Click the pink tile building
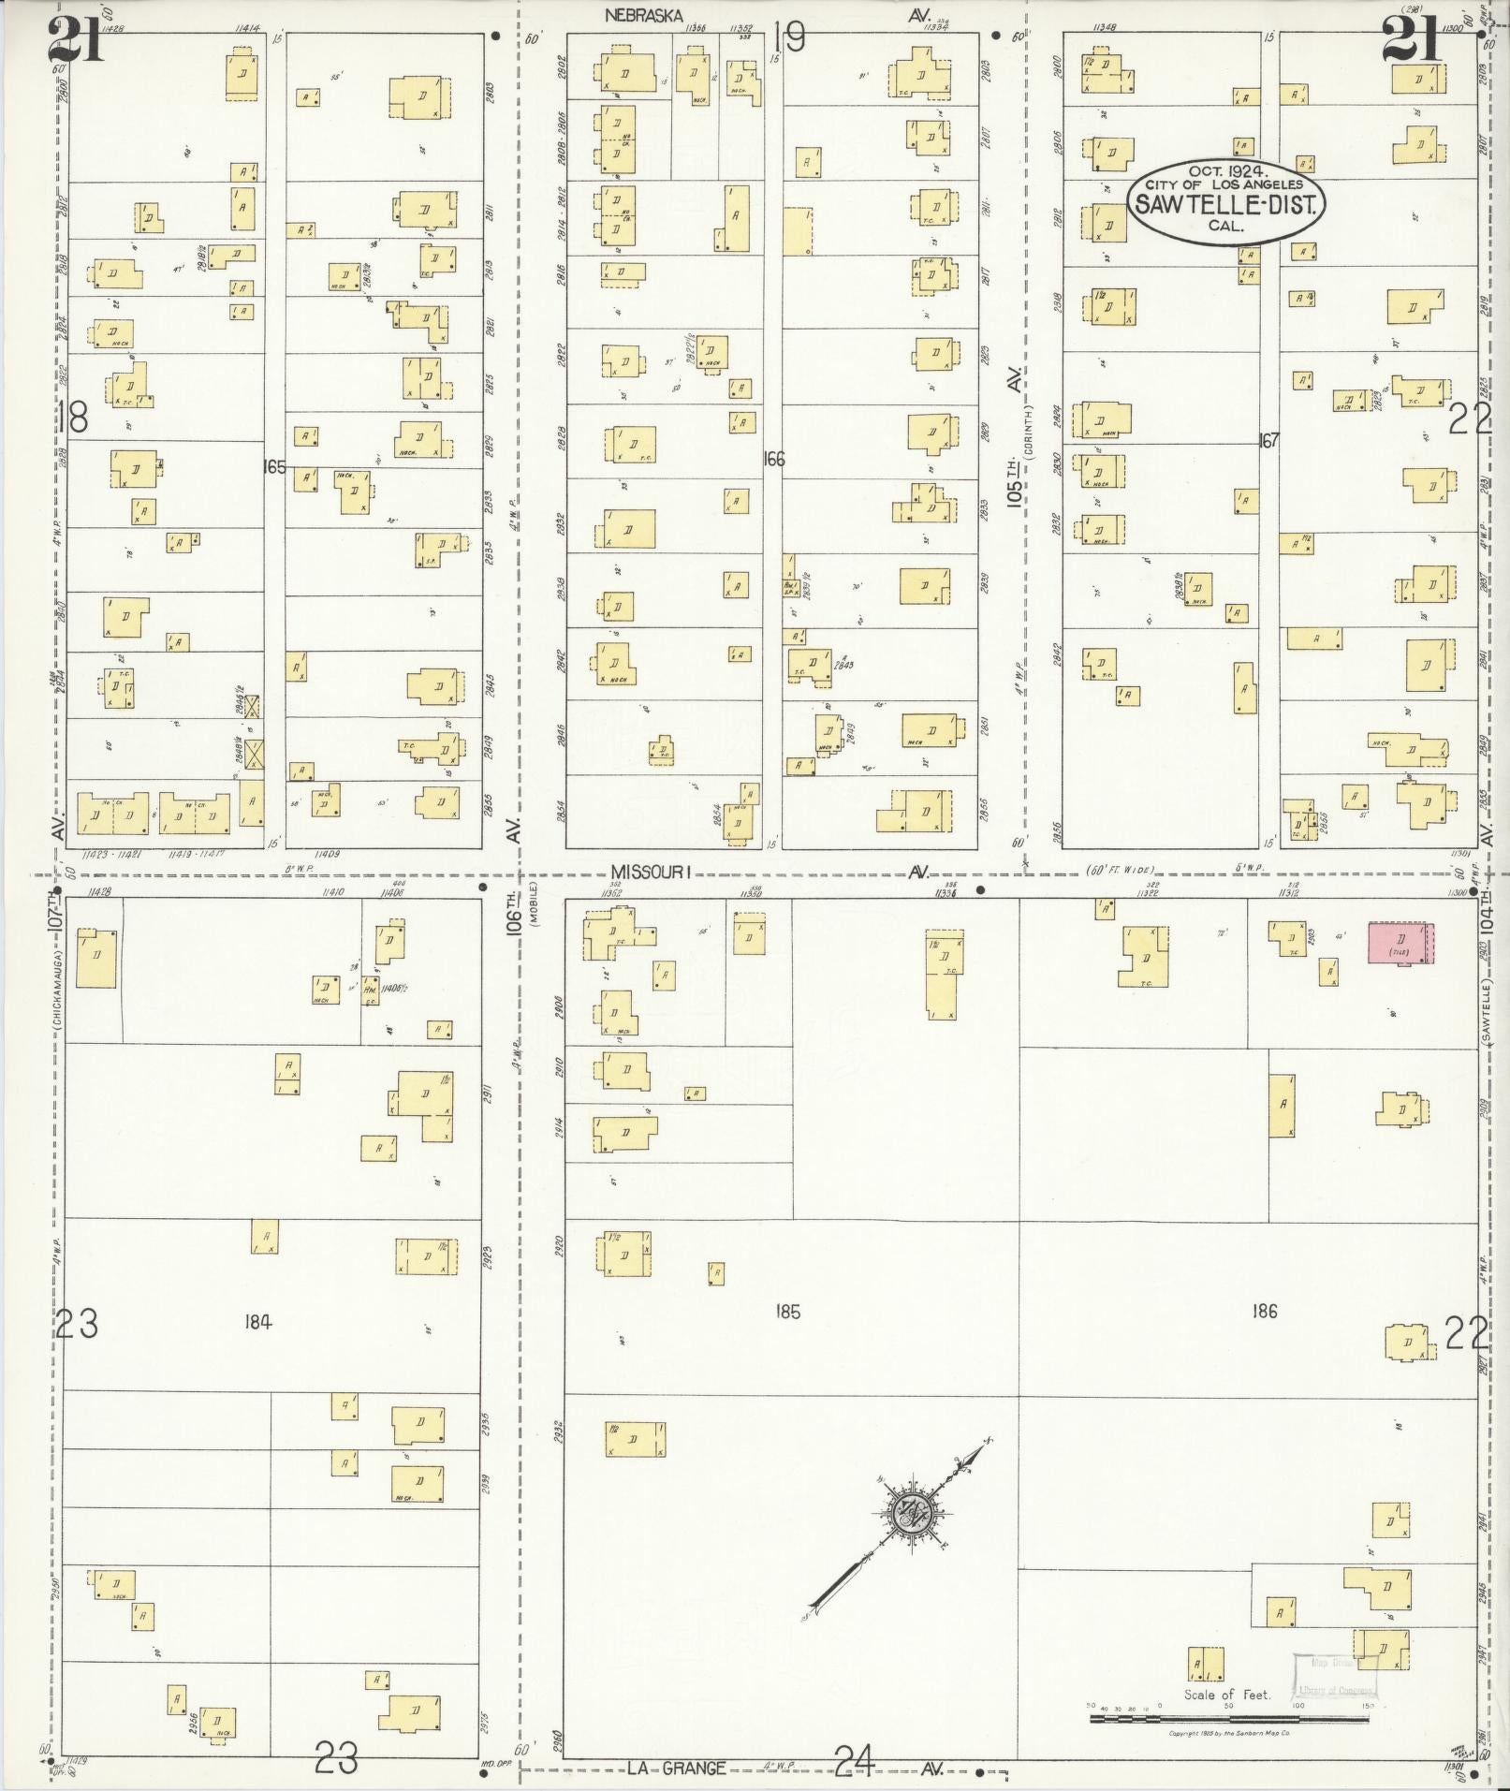point(1401,942)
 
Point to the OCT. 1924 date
point(1226,171)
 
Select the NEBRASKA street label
point(644,15)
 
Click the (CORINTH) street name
point(1027,430)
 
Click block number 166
point(773,459)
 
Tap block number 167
point(1268,440)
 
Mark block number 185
point(787,1312)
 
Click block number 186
point(1264,1311)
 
